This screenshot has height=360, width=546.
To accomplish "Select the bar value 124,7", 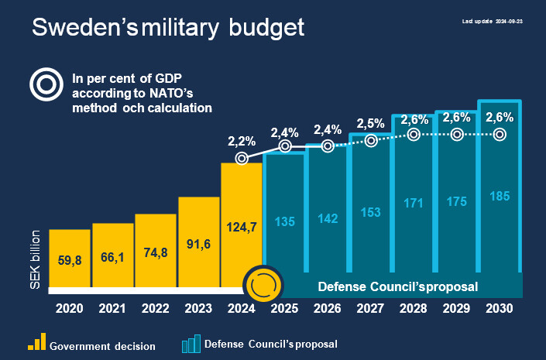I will point(242,228).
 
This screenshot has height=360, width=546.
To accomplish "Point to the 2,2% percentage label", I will point(242,142).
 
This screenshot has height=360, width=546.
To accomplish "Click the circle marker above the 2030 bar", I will point(500,134).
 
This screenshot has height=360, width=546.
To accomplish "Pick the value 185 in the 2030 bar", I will point(500,197).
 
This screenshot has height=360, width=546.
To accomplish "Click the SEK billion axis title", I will point(36,259).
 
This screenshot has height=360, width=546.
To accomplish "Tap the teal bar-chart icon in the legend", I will point(190,343).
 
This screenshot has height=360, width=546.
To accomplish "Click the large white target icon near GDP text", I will point(46,84).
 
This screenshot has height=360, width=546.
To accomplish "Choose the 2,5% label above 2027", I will point(371,124).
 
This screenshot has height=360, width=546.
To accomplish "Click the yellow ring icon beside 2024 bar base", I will point(262,286).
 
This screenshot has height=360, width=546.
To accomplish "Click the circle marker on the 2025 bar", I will point(285,146).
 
